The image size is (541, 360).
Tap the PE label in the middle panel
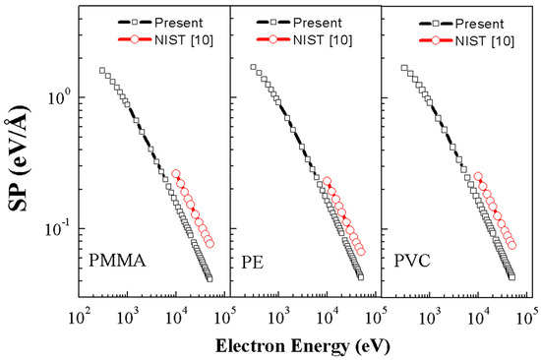(x=251, y=263)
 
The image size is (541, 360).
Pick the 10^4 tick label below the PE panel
(x=328, y=317)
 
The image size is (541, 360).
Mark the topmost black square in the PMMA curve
(x=102, y=71)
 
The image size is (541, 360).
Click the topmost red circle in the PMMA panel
(x=176, y=174)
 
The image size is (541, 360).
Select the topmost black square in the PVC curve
(x=404, y=68)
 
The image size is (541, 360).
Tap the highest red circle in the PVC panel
(x=478, y=177)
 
